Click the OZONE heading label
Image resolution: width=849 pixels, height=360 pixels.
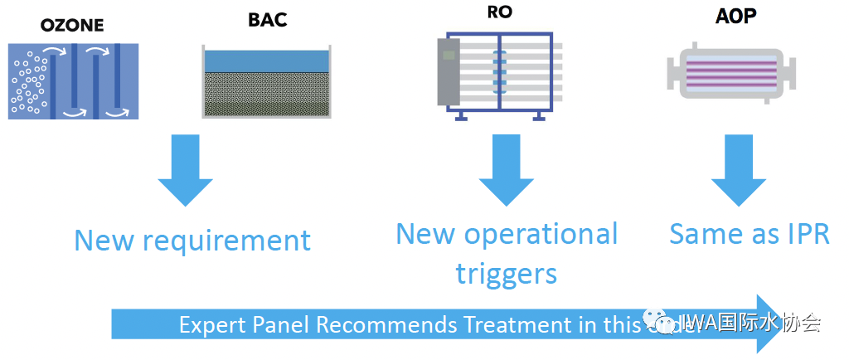pos(72,25)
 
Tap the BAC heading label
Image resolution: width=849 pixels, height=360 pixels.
pos(267,19)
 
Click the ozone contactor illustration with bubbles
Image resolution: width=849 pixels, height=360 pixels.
pos(74,80)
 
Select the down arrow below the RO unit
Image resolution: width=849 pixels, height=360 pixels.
pos(505,170)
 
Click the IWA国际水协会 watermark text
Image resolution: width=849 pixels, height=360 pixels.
pos(750,322)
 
